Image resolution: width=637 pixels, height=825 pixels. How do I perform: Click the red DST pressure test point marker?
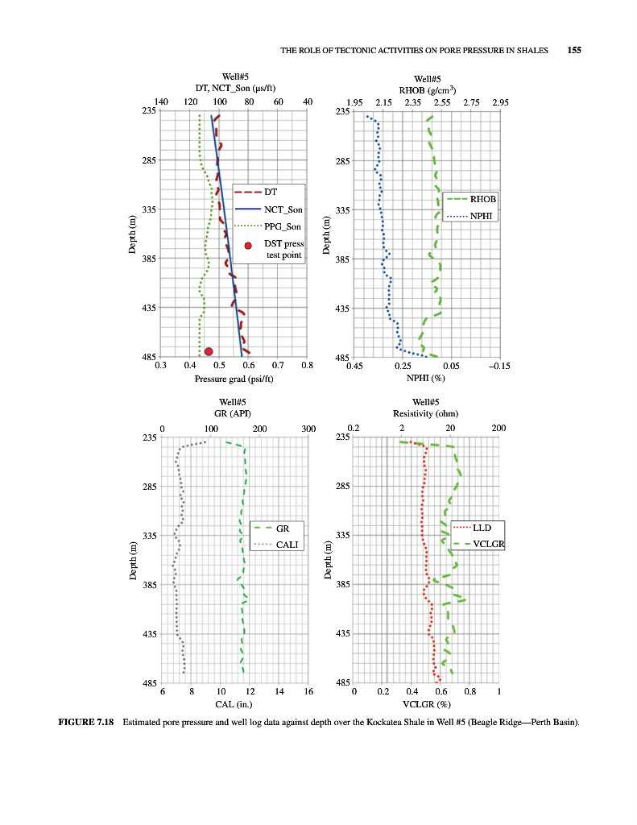point(209,351)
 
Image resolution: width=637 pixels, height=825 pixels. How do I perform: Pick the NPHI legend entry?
point(482,216)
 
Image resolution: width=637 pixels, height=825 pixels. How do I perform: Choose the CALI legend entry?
point(287,545)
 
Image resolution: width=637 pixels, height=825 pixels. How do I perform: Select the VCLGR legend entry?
point(489,545)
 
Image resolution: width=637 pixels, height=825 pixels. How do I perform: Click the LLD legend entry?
point(482,528)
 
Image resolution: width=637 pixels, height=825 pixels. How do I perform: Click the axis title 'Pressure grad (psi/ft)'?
point(233,379)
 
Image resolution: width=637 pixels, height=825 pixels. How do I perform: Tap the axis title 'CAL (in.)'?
point(234,705)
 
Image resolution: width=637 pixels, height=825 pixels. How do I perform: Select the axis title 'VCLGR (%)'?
point(426,705)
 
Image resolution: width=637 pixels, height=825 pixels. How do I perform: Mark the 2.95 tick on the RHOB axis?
point(500,102)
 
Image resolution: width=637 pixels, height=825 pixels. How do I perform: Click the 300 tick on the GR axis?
point(308,429)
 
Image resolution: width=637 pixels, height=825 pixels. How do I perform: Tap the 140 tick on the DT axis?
point(160,102)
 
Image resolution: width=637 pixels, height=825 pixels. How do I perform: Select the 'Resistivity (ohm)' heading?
point(425,413)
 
